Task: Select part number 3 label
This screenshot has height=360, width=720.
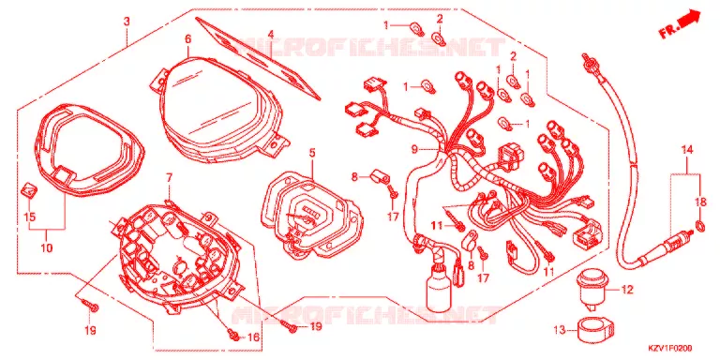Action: coord(127,22)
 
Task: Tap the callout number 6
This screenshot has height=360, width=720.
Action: coord(187,39)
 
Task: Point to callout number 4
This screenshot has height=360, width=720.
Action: coord(271,35)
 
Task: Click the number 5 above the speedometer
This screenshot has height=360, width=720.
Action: coord(312,153)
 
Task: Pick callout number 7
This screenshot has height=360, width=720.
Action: coord(169,178)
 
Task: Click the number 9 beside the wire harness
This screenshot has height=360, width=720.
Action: coord(413,149)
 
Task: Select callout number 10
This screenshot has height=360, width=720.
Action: coord(46,248)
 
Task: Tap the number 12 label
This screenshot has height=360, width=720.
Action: coord(627,290)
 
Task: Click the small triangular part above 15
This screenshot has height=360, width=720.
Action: coord(28,189)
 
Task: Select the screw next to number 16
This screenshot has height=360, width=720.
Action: coord(234,337)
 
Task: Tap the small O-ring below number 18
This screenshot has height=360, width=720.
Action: coord(700,225)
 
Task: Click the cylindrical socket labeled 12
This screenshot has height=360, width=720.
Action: coord(590,288)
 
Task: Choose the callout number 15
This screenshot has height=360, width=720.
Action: coord(30,217)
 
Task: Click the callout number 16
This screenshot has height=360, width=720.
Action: coord(253,337)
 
